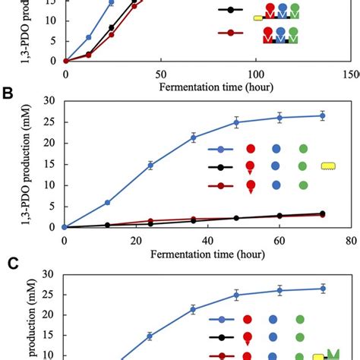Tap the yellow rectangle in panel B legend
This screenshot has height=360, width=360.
pyautogui.click(x=328, y=166)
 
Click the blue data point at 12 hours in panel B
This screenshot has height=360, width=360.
pyautogui.click(x=107, y=203)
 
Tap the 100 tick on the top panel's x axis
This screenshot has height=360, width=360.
pyautogui.click(x=255, y=74)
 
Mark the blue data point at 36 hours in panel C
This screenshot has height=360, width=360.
pyautogui.click(x=194, y=310)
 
